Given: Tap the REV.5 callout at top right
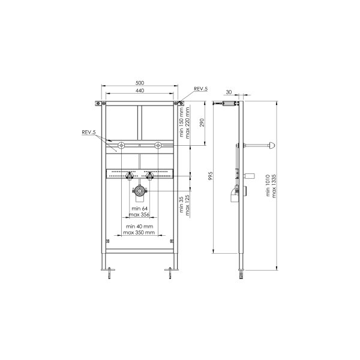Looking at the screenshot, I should [200, 89].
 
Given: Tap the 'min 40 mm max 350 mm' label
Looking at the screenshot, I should [139, 229].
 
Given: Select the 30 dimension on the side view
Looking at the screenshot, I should [229, 92].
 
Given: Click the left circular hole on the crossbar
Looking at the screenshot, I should [122, 145].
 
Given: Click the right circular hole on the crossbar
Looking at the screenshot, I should [158, 145].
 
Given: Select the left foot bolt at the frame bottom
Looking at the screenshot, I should [110, 275].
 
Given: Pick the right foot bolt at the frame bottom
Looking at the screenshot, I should [170, 275].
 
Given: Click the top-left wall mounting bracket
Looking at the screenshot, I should [98, 104].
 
